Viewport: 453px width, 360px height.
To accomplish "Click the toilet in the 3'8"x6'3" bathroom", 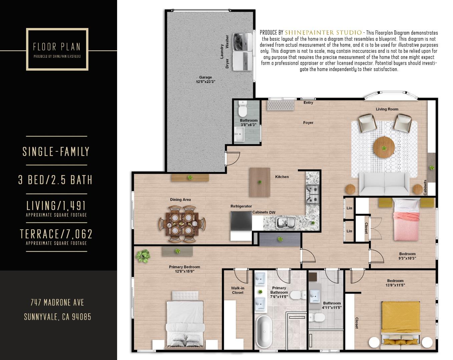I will pyautogui.click(x=243, y=110).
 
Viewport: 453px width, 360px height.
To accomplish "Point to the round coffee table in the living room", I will pyautogui.click(x=384, y=147).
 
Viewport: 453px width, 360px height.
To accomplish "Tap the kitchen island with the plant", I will pyautogui.click(x=260, y=182).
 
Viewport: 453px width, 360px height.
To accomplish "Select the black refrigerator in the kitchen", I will pyautogui.click(x=241, y=221).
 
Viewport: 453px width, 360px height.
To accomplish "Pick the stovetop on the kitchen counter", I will pyautogui.click(x=313, y=194).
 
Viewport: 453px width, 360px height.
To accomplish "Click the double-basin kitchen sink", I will pyautogui.click(x=286, y=222).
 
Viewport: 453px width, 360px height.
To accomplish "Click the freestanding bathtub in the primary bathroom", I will pyautogui.click(x=264, y=332).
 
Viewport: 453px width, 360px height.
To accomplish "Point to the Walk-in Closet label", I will pyautogui.click(x=238, y=290).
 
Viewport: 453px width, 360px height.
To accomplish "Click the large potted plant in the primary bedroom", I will pyautogui.click(x=143, y=256).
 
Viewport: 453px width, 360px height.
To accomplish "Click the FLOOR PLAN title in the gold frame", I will pyautogui.click(x=57, y=47).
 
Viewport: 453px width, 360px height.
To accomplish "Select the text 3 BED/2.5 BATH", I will pyautogui.click(x=55, y=180).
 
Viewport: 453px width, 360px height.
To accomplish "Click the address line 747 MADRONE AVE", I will pyautogui.click(x=57, y=303).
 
